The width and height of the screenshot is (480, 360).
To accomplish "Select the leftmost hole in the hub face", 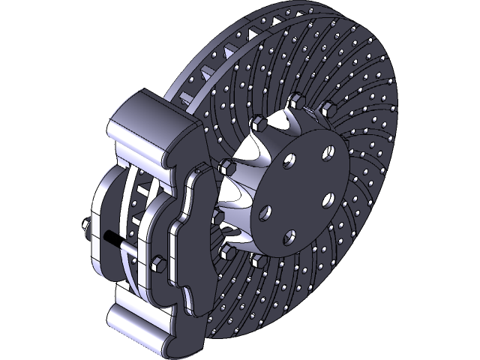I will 264,213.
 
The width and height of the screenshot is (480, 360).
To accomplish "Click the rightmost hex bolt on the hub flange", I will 326,110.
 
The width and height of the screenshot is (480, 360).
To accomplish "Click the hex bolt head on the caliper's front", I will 159,264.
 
